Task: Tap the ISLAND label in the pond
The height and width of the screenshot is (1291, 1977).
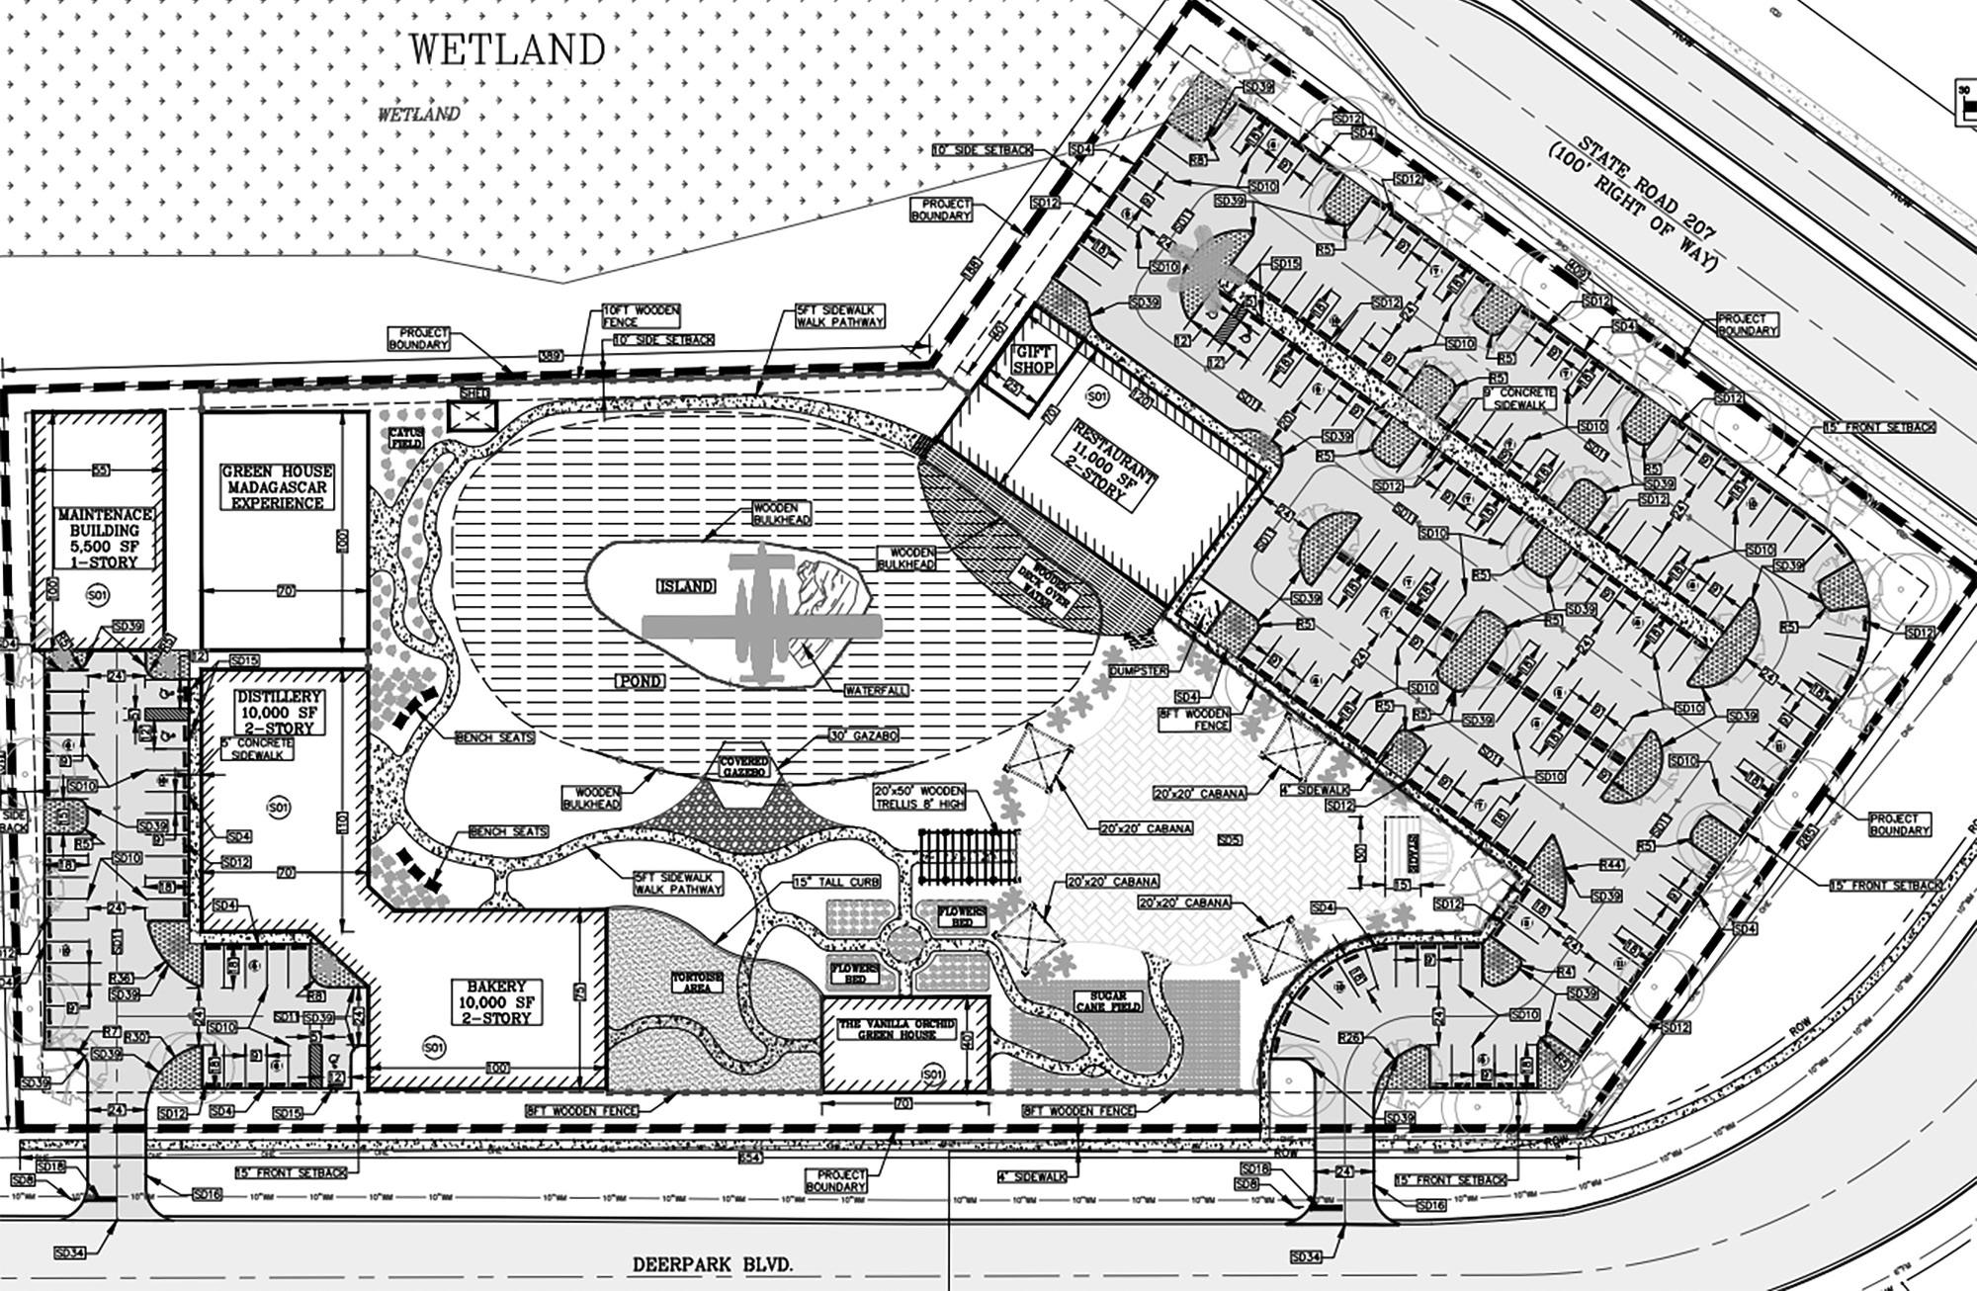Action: [685, 586]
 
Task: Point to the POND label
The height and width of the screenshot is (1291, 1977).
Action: [641, 682]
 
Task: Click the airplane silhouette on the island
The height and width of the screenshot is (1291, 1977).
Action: [761, 623]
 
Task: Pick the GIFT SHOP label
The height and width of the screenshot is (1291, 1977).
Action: [1033, 360]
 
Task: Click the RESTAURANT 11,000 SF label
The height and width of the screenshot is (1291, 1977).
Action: [1112, 459]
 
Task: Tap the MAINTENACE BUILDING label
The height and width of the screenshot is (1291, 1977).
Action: [104, 538]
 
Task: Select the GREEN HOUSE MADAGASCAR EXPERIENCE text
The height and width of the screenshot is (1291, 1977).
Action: [277, 487]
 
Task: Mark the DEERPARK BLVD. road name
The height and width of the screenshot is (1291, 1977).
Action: [713, 1264]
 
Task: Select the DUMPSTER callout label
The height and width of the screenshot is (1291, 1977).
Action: [1138, 670]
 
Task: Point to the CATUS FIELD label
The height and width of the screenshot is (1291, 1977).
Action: [405, 438]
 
